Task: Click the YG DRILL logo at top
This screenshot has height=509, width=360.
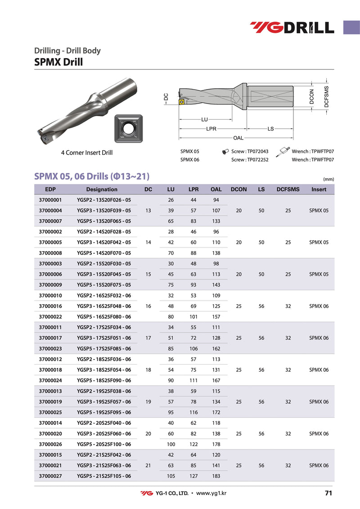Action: pyautogui.click(x=292, y=27)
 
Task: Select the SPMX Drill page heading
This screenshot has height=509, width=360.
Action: pyautogui.click(x=58, y=62)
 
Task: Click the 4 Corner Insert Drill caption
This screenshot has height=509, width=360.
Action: pyautogui.click(x=87, y=153)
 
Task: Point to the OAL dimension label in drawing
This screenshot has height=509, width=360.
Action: pyautogui.click(x=238, y=137)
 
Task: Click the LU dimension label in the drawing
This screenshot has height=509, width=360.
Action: pyautogui.click(x=205, y=120)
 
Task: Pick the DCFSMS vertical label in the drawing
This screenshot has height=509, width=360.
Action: pyautogui.click(x=327, y=96)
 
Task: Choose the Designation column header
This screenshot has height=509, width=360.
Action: pyautogui.click(x=102, y=189)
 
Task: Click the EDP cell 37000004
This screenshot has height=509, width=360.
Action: pyautogui.click(x=50, y=211)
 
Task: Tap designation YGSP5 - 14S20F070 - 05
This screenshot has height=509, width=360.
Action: pyautogui.click(x=104, y=253)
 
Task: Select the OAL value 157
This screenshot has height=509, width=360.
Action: pyautogui.click(x=216, y=317)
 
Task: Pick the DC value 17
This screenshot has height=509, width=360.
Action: pyautogui.click(x=148, y=338)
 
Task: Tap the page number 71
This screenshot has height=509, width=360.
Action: pyautogui.click(x=328, y=493)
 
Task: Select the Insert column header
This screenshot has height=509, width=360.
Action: pyautogui.click(x=319, y=189)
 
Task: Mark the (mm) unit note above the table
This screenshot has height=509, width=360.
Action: pyautogui.click(x=328, y=179)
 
